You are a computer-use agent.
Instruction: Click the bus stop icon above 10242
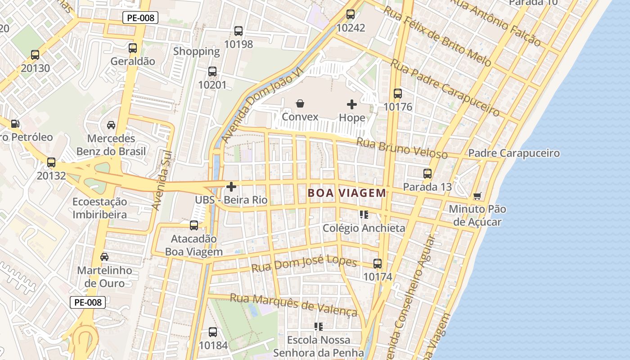point(351,14)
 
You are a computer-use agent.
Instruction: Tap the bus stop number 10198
point(238,44)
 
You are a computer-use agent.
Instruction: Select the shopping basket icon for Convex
point(300,104)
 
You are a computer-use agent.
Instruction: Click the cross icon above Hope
point(352,104)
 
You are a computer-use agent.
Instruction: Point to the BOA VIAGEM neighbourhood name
point(346,193)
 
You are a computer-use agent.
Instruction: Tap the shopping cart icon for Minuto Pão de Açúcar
point(477,196)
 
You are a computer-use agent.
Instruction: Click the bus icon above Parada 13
point(427,173)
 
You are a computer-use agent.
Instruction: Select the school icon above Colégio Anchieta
point(364,215)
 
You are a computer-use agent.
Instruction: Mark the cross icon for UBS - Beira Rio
point(231,186)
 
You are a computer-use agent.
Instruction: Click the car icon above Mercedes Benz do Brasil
point(111,125)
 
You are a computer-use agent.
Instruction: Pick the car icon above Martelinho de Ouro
point(104,257)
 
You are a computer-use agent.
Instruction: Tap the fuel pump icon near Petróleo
point(15,123)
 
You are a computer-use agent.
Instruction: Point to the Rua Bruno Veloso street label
point(402,148)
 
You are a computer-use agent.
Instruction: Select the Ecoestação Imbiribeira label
point(100,208)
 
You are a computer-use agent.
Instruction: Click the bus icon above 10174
point(378,264)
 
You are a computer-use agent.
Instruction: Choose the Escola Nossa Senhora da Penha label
point(319,346)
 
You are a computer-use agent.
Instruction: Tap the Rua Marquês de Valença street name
point(293,304)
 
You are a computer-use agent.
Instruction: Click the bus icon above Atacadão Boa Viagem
point(194,225)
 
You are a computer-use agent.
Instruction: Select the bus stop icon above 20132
point(51,162)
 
